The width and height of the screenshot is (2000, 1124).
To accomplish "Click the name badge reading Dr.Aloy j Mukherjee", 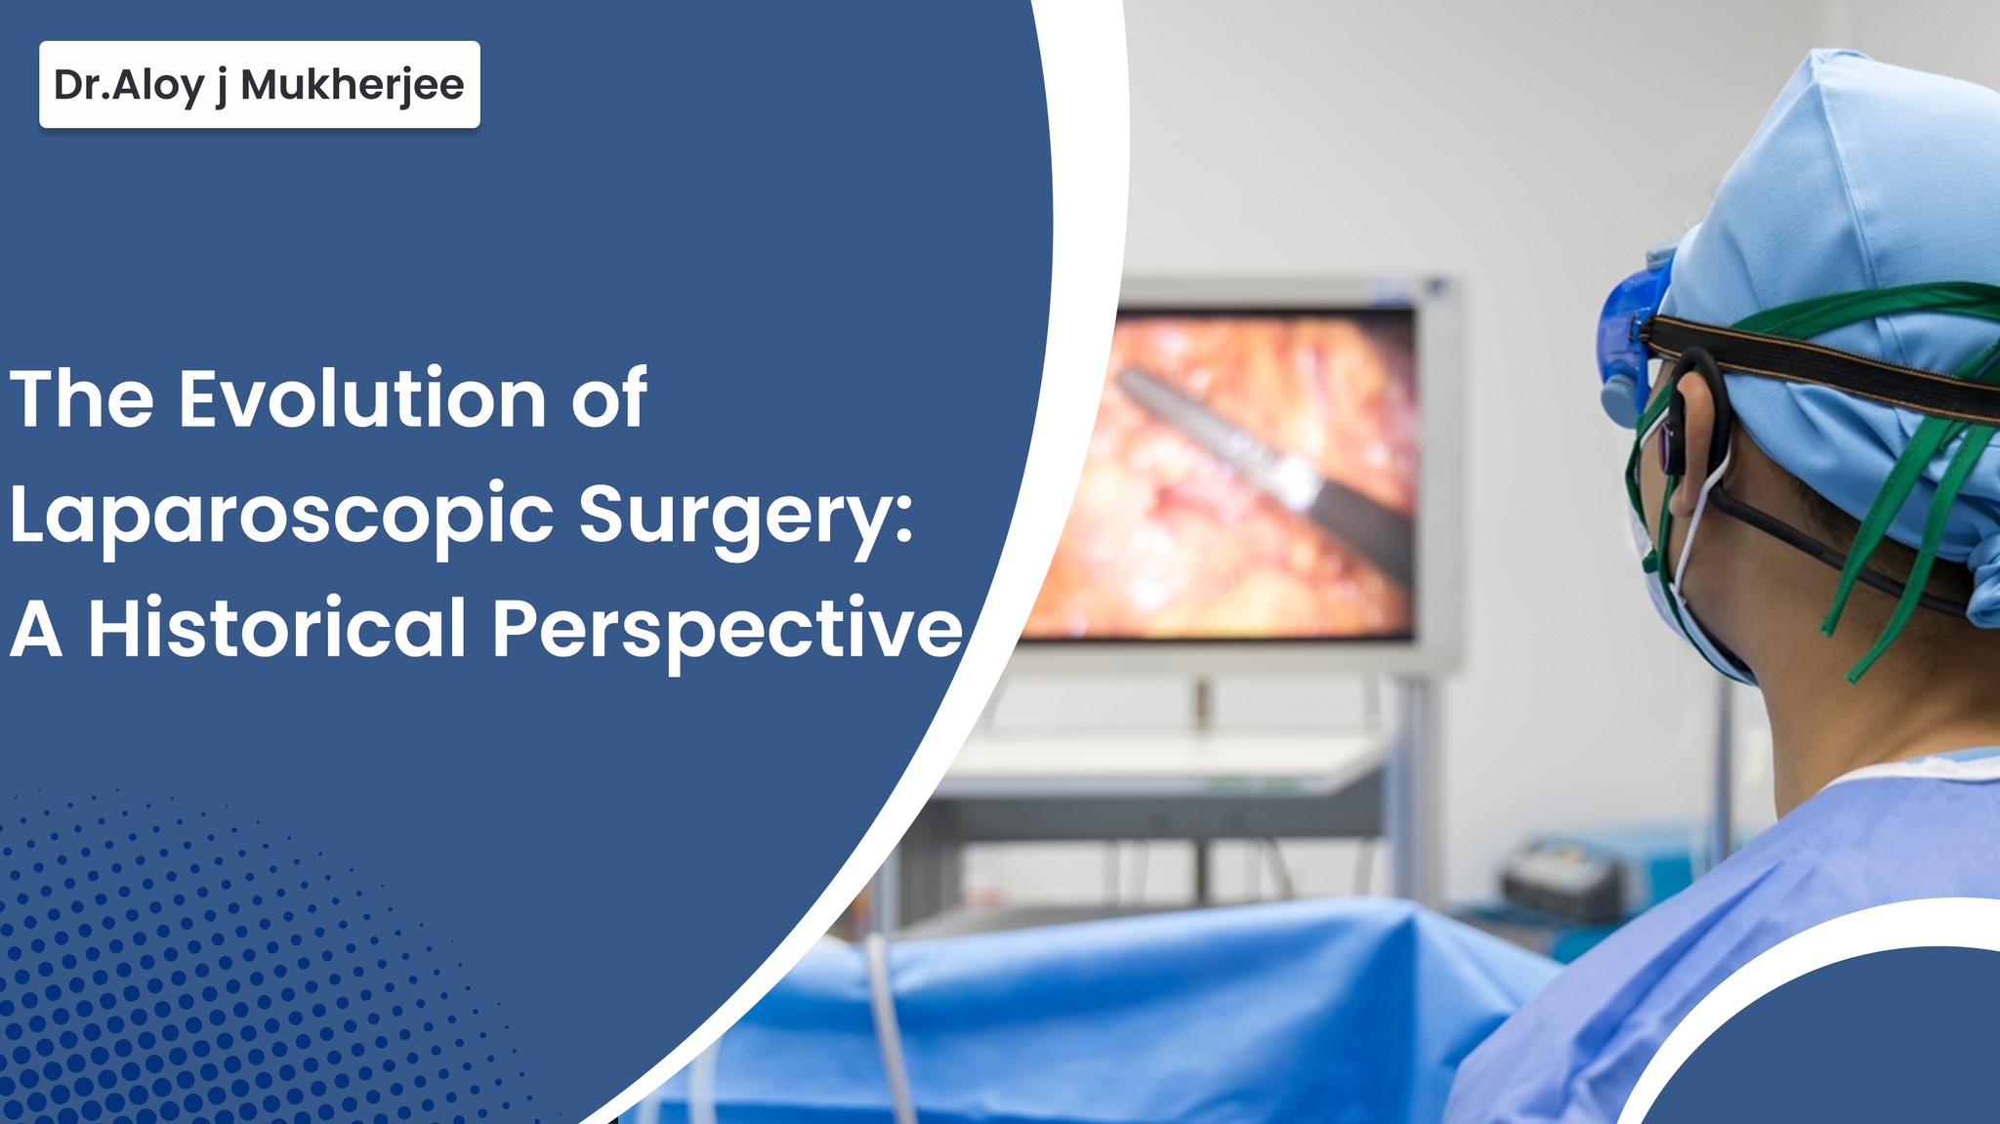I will (x=259, y=85).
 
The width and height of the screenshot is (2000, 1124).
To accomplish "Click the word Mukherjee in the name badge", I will (x=352, y=85).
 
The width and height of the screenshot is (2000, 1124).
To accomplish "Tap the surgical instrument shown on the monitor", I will (x=1270, y=459).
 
